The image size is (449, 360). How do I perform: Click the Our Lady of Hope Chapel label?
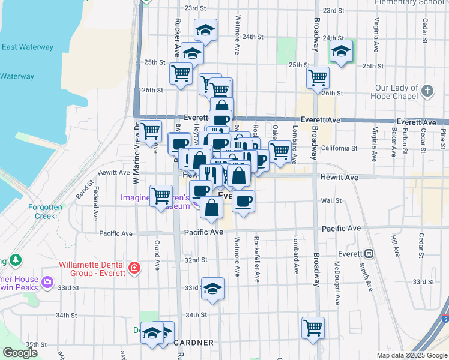point(392,91)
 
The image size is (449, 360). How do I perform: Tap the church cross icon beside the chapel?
point(427,91)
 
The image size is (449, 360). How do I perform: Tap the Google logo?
point(20,353)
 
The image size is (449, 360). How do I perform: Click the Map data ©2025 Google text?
point(411,355)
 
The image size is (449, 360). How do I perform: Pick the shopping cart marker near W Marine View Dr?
point(150,130)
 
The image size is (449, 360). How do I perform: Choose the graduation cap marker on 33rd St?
point(212,289)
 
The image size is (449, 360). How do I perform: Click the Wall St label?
point(331,201)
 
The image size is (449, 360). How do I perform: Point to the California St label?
point(339,148)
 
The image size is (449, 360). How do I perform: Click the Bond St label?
point(84,191)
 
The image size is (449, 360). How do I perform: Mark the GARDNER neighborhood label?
point(194,343)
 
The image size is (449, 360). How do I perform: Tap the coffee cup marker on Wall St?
point(243,202)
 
